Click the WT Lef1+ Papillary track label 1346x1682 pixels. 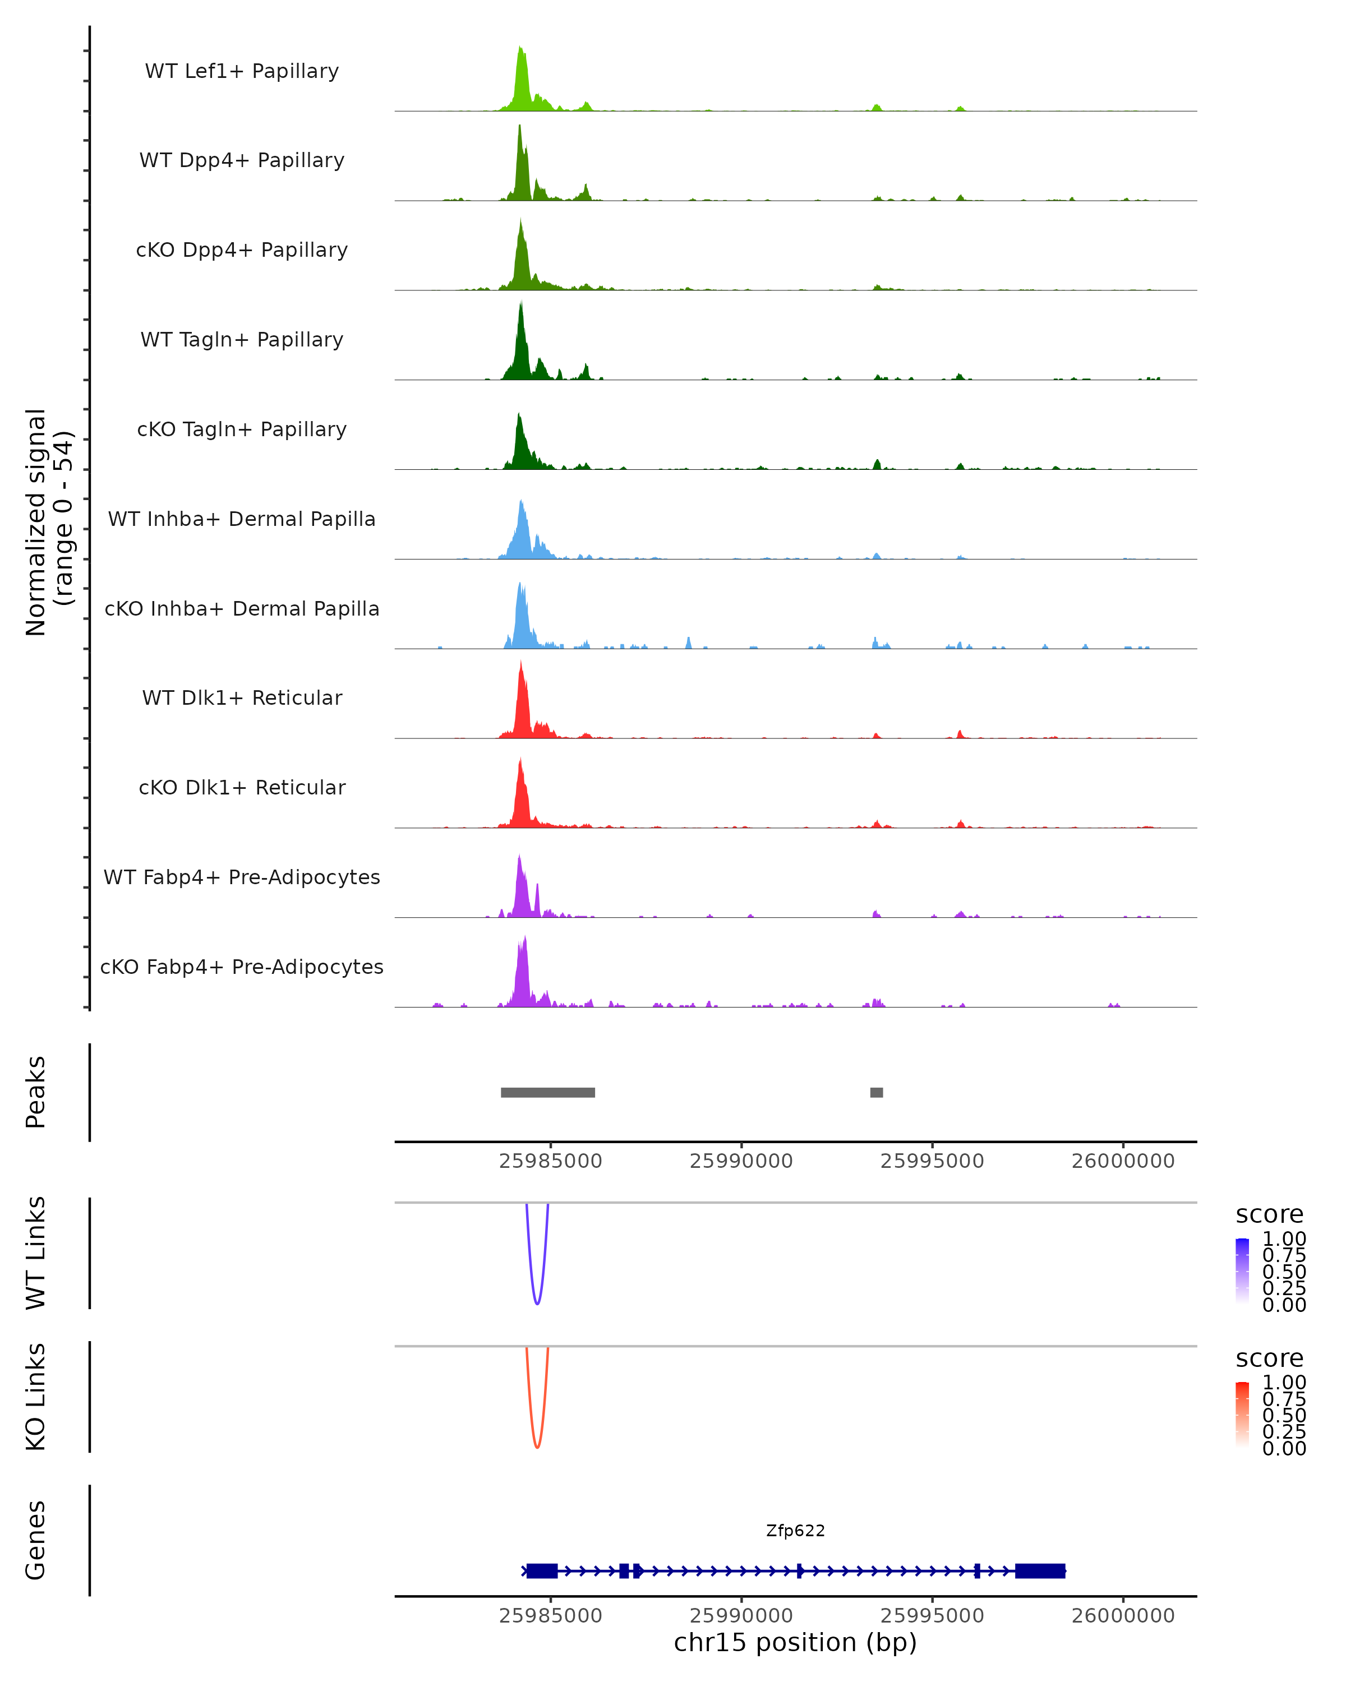tap(242, 71)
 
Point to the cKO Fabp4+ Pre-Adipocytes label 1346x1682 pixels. tap(242, 967)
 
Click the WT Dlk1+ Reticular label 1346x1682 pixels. tap(242, 697)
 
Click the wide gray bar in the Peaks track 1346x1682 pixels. tap(548, 1092)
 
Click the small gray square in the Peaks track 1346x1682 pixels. tap(876, 1092)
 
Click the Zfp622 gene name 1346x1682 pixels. tap(795, 1531)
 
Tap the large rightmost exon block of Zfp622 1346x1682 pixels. tap(1040, 1570)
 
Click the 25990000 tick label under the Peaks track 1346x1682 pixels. tap(741, 1161)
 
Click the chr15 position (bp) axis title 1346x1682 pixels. tap(795, 1643)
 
